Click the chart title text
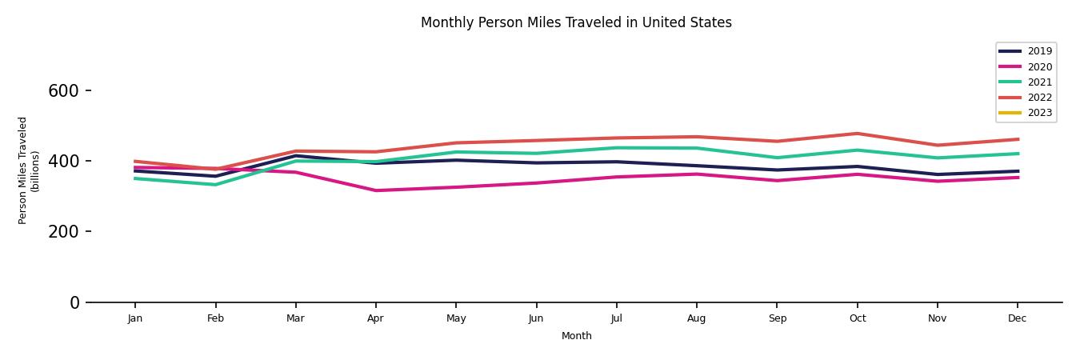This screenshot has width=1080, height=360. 576,22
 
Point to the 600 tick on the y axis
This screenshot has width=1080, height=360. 63,91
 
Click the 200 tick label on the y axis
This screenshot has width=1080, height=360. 63,232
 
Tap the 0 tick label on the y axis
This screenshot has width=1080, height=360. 74,302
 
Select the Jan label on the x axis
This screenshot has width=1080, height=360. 135,318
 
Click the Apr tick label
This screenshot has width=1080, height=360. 375,318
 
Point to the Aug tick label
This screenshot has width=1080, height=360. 696,318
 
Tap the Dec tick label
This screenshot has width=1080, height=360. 1017,318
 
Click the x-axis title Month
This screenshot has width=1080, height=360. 576,336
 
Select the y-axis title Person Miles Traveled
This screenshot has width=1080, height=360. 23,170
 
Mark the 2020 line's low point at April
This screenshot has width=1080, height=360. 375,190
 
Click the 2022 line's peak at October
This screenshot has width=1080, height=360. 857,134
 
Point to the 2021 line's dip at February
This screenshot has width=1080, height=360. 215,185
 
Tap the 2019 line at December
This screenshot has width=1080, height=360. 1017,171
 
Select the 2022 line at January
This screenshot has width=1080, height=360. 135,162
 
